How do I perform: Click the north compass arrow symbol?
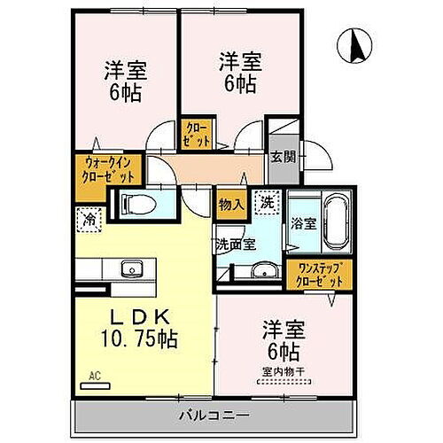(357, 45)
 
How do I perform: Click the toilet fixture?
(137, 205)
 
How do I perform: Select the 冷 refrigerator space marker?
(89, 216)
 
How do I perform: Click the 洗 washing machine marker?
(267, 203)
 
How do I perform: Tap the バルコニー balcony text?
(212, 415)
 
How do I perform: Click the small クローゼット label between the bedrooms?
(197, 133)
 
